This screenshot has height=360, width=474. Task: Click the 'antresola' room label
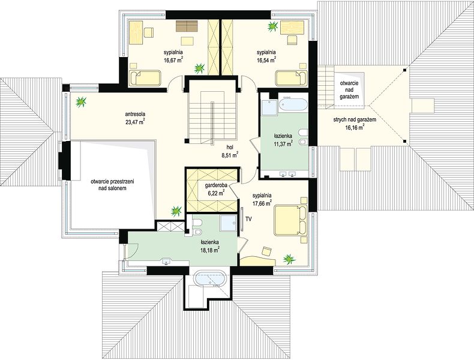[x=135, y=114]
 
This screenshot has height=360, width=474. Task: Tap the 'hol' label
[x=230, y=148]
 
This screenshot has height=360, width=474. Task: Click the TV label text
[x=249, y=218]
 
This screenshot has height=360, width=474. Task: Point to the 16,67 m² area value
[x=173, y=60]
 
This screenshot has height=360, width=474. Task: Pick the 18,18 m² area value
[x=209, y=250]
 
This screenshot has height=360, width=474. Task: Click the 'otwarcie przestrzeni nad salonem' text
[x=112, y=185]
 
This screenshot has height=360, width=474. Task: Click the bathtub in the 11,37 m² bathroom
[x=293, y=106]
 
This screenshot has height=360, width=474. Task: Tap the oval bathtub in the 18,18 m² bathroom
[x=210, y=278]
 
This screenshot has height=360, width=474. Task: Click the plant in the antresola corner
[x=82, y=102]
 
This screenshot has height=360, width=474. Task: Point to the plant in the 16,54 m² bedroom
[x=273, y=26]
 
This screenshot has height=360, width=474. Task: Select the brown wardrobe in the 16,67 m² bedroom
[x=187, y=26]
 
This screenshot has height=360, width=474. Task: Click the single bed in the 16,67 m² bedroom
[x=145, y=77]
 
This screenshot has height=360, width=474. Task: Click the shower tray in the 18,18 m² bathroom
[x=229, y=224]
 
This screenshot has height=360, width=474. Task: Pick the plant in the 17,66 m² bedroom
[x=289, y=259]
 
